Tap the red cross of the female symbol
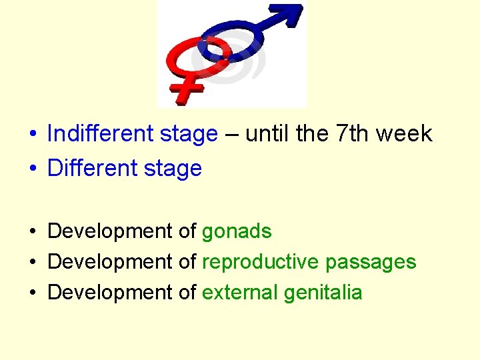(189, 89)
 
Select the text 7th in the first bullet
(352, 134)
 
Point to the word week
(404, 134)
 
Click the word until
(267, 134)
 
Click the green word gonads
(237, 231)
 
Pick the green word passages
(371, 262)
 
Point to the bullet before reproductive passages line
(32, 263)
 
